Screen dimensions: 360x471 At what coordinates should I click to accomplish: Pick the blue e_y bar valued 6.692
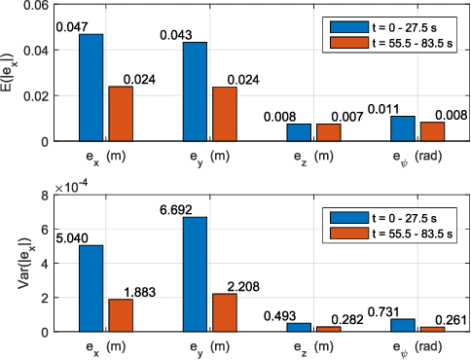tap(195, 273)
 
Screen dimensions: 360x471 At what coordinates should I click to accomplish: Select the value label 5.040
tap(78, 238)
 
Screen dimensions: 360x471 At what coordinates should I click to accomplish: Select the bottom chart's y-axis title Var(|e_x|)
tap(9, 263)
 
